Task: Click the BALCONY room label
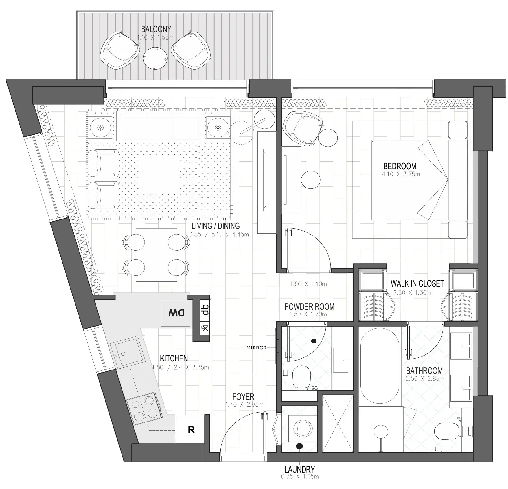156,29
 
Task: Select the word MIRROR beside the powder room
256,348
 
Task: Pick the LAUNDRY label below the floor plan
300,470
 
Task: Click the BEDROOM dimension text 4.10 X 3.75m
401,174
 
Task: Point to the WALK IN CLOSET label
417,283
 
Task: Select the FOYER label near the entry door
243,396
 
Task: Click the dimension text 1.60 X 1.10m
308,284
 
